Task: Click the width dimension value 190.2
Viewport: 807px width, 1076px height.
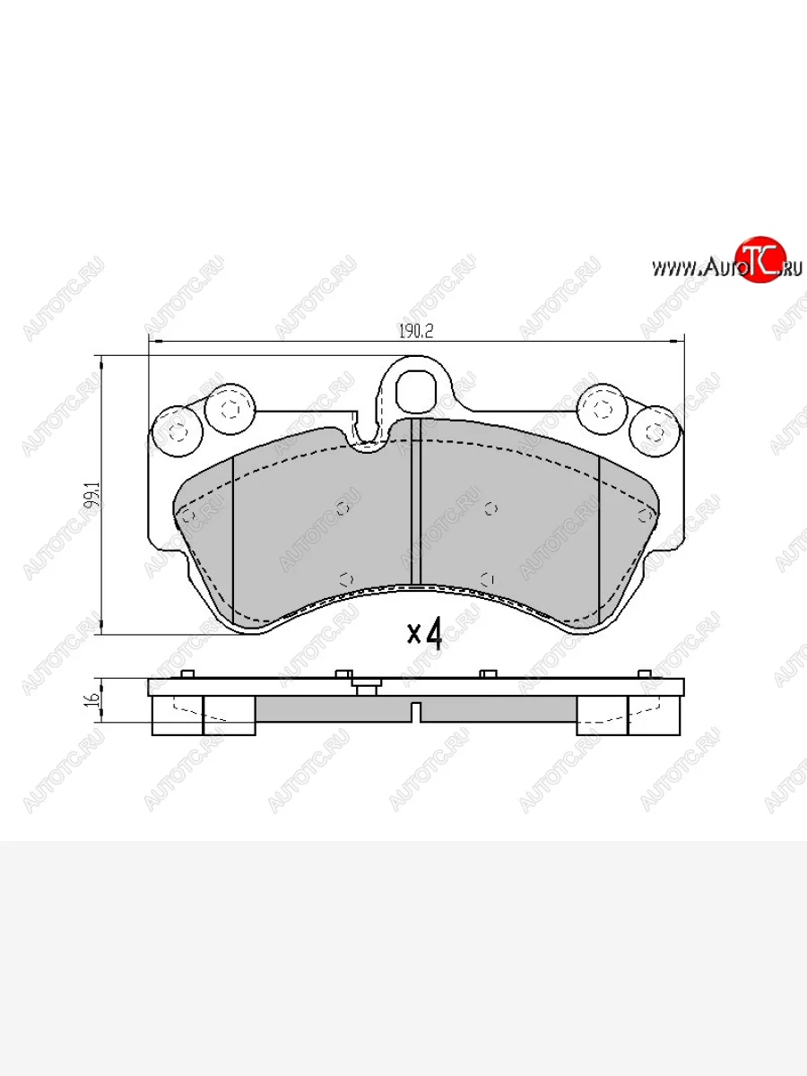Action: (x=415, y=331)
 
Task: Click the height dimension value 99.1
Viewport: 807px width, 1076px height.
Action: (x=89, y=496)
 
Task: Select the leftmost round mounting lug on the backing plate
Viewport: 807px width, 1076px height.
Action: (x=176, y=431)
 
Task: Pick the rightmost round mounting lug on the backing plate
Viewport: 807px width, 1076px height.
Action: (x=656, y=431)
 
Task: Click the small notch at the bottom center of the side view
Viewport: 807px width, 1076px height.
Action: (x=415, y=712)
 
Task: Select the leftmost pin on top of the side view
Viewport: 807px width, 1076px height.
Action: (x=187, y=674)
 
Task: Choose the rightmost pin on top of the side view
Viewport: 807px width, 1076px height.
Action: (x=644, y=674)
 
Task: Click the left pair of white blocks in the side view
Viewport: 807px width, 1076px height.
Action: (x=204, y=716)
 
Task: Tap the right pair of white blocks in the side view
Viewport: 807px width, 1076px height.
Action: (x=628, y=716)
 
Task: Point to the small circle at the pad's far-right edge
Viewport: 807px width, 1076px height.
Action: (x=643, y=515)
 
